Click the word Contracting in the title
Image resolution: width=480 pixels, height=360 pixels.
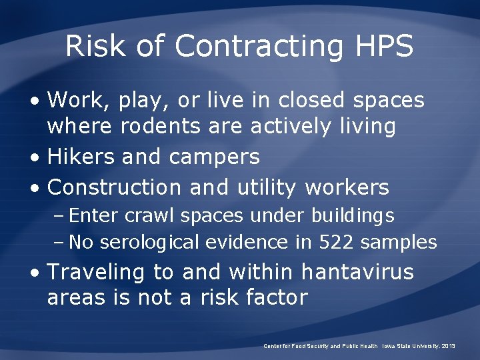(x=259, y=46)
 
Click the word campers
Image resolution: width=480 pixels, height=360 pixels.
(x=214, y=157)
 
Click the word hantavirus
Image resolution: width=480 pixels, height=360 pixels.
(x=357, y=272)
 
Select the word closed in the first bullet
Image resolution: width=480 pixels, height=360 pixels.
(x=312, y=100)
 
